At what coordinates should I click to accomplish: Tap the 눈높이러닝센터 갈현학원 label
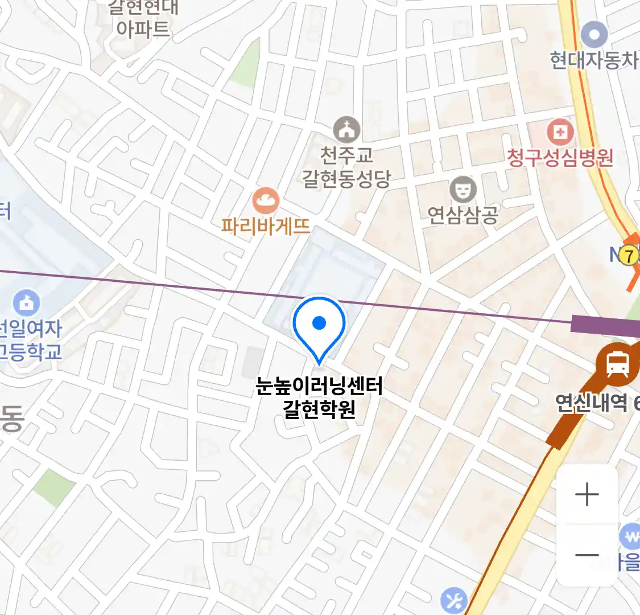tap(319, 397)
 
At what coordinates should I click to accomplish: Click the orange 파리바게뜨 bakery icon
tap(265, 200)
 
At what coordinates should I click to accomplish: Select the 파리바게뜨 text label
tap(266, 226)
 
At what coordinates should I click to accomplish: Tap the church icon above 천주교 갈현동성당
tap(346, 130)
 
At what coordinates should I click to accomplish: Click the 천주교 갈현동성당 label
tap(346, 167)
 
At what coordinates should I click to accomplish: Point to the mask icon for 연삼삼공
tap(463, 190)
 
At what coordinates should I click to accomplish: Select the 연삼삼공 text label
tap(463, 215)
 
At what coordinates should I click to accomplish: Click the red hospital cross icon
tap(560, 133)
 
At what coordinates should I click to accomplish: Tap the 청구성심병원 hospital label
tap(560, 157)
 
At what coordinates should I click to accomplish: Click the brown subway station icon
tap(617, 363)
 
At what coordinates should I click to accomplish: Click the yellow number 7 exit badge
tap(629, 256)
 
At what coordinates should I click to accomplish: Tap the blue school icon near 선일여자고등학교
tap(26, 303)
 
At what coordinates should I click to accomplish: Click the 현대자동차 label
tap(594, 60)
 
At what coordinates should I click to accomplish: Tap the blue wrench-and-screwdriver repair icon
tap(454, 600)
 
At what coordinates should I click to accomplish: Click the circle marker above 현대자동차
tap(594, 35)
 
